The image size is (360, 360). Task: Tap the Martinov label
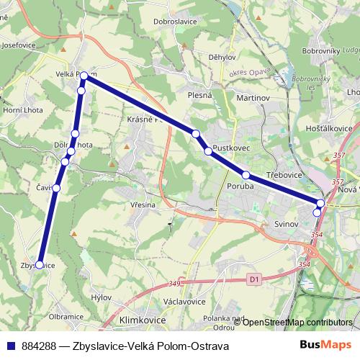click(x=252, y=96)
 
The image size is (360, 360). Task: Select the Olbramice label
click(x=66, y=316)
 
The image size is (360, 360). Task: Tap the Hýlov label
click(x=102, y=297)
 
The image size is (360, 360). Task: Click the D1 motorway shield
click(x=253, y=278)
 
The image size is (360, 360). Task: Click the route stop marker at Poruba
click(x=246, y=175)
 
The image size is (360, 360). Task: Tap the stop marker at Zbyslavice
click(x=39, y=264)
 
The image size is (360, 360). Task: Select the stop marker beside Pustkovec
click(x=208, y=151)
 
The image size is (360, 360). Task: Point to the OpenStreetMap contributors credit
click(x=297, y=322)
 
